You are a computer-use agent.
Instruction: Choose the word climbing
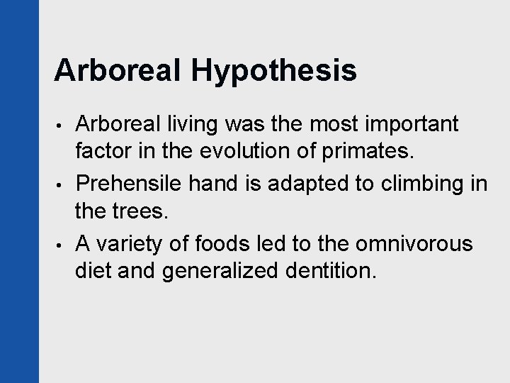421,183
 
